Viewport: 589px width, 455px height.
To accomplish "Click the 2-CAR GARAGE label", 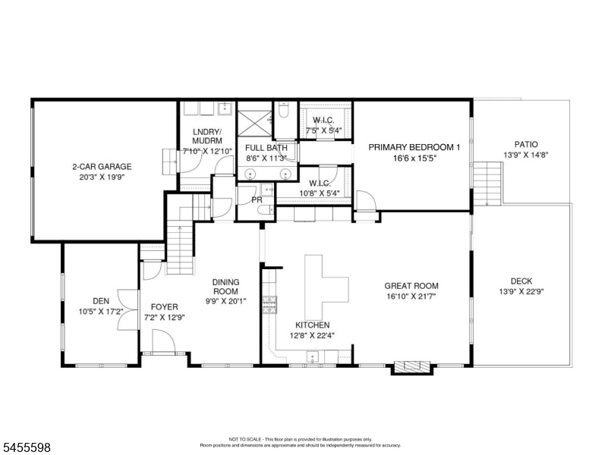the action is point(102,167).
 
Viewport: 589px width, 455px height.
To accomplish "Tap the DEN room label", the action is point(101,301).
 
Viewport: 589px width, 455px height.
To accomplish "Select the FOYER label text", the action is point(165,307).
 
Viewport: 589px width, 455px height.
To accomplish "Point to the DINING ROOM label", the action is point(225,287).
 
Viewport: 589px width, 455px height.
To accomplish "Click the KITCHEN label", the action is point(313,325).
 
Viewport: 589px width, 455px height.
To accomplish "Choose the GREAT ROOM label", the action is point(411,286).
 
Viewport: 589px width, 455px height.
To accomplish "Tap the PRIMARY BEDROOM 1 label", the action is point(414,147).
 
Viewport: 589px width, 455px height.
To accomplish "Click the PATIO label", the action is point(526,145).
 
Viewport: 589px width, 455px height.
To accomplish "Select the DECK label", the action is point(521,281).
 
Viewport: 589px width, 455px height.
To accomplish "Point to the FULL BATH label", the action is point(266,148).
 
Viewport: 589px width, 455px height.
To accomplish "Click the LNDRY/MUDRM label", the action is point(207,136).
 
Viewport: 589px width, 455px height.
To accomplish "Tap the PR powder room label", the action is point(257,200).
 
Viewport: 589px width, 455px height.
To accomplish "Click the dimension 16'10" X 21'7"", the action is point(411,297).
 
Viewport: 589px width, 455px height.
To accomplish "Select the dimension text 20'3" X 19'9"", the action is point(102,177).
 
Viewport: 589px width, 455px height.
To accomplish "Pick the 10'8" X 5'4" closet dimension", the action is point(320,193).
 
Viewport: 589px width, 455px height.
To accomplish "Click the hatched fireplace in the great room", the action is point(411,366).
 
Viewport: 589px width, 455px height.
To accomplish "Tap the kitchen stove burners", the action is point(269,305).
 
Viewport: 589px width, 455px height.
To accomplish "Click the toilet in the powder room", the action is point(267,210).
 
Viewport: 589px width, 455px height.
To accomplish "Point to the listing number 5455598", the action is point(27,447).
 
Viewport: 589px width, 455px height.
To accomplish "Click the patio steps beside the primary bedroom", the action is point(487,184).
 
